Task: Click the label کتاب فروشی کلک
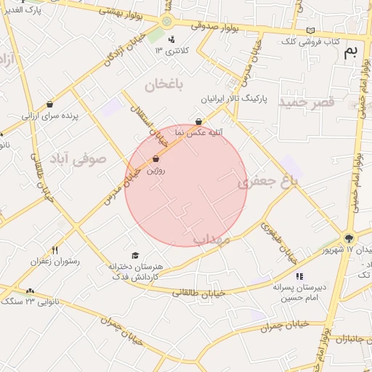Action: pos(311,42)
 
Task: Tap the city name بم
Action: pos(351,51)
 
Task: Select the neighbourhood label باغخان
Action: pos(166,84)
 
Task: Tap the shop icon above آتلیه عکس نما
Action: pos(199,121)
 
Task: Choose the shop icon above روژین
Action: pos(155,158)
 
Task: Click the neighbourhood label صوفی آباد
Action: pos(78,157)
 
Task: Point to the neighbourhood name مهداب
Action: pos(212,238)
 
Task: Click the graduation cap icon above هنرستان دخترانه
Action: pos(135,255)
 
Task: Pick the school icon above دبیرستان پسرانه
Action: pos(299,276)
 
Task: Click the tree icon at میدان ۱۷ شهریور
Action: pos(349,238)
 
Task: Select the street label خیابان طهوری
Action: pos(280,241)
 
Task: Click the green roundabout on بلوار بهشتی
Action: pos(167,22)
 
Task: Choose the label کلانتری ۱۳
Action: pos(171,51)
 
